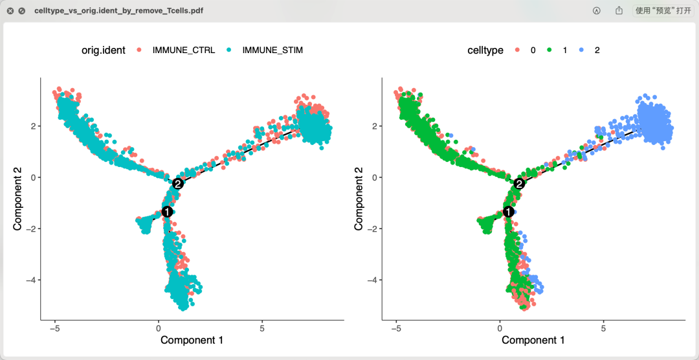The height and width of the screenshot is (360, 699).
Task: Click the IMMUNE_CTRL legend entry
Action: pyautogui.click(x=183, y=50)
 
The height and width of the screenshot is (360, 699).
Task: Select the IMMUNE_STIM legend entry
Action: pyautogui.click(x=272, y=50)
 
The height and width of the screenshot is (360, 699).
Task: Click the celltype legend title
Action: pyautogui.click(x=485, y=50)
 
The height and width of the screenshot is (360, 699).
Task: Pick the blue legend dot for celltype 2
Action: pyautogui.click(x=582, y=50)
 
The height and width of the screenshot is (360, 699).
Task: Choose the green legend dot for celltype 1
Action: pyautogui.click(x=549, y=50)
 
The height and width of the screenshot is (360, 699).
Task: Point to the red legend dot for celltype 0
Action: pyautogui.click(x=518, y=50)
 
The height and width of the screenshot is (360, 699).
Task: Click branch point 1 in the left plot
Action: pyautogui.click(x=166, y=212)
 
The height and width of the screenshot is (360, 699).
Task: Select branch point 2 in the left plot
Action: pyautogui.click(x=178, y=184)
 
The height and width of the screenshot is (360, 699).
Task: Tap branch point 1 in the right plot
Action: pyautogui.click(x=508, y=212)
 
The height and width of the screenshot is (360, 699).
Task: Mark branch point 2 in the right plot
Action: pyautogui.click(x=519, y=184)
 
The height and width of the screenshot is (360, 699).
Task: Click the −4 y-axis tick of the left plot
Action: pyautogui.click(x=29, y=280)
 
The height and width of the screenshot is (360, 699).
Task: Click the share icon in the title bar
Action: pyautogui.click(x=619, y=11)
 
